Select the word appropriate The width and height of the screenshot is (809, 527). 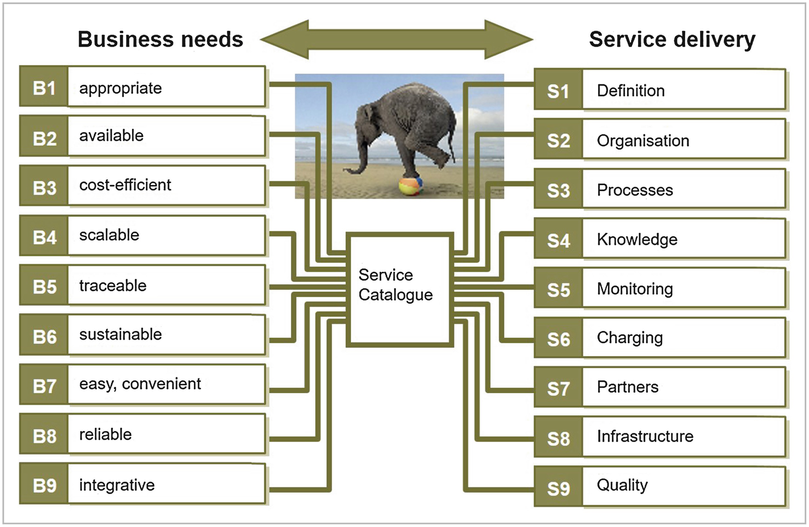tap(121, 89)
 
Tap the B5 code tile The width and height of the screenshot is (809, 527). tap(44, 286)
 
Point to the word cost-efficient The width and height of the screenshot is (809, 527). tap(125, 185)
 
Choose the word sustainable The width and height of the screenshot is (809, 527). tap(121, 334)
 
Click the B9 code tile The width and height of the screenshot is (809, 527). tap(44, 485)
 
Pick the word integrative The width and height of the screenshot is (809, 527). tap(117, 485)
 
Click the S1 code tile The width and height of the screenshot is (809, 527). tap(558, 91)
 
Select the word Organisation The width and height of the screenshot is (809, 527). tap(643, 141)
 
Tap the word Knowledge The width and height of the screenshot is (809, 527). tap(637, 239)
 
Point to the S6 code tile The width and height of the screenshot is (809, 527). tap(558, 339)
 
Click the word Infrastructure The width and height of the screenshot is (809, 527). tap(645, 436)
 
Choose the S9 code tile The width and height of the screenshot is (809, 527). tap(558, 488)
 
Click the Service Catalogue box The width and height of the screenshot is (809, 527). tap(400, 289)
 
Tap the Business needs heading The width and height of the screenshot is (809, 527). tap(160, 39)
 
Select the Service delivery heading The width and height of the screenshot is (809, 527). tap(672, 39)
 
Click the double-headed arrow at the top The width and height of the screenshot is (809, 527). tap(397, 39)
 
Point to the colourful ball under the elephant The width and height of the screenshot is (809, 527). tap(411, 185)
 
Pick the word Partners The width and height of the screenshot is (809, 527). tap(628, 387)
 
